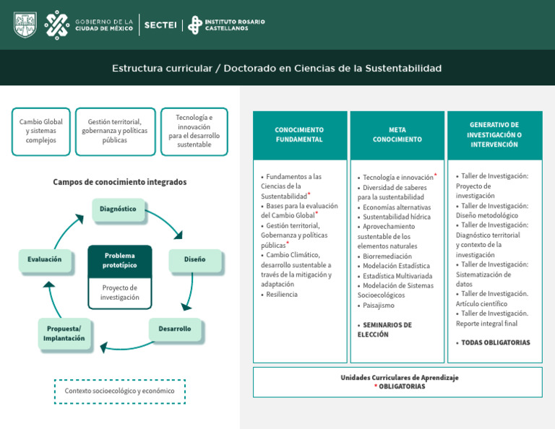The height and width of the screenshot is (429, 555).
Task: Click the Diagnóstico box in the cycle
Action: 118,209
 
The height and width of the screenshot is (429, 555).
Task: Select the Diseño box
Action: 194,259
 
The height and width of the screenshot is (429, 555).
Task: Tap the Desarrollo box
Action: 175,329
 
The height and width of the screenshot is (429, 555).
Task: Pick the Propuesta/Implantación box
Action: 64,334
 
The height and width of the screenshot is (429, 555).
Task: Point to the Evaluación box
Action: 45,259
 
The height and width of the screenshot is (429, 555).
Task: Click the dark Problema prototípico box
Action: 120,260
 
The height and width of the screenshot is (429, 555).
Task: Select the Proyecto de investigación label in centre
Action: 120,292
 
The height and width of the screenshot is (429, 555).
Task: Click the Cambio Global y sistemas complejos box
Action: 40,131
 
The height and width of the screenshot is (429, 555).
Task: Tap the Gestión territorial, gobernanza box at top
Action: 115,131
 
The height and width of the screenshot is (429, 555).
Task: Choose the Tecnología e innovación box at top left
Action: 194,131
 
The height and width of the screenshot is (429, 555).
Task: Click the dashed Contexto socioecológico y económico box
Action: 120,391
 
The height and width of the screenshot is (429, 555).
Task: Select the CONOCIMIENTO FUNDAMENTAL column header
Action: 299,135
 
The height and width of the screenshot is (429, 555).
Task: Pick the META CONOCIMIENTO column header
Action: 397,135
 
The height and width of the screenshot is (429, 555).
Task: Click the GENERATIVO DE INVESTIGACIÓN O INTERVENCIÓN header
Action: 494,135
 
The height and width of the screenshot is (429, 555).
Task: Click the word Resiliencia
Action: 282,295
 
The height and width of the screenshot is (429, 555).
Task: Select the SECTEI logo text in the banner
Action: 160,25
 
